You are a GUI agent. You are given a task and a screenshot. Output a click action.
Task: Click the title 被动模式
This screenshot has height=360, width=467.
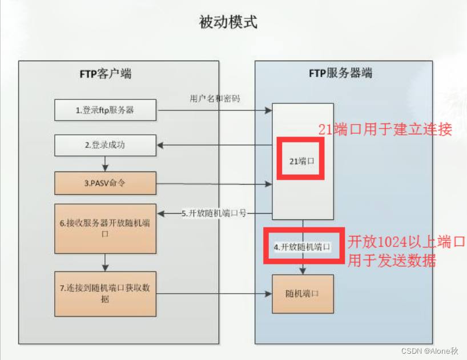pos(228,23)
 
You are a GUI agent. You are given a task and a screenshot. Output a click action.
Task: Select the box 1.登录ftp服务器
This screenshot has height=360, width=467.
pos(106,110)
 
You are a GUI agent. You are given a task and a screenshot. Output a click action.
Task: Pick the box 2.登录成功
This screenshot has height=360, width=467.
pos(106,145)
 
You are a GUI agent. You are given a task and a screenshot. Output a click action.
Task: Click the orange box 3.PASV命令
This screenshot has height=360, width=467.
pos(106,183)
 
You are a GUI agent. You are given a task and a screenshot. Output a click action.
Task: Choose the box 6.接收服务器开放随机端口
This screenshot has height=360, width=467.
pos(106,229)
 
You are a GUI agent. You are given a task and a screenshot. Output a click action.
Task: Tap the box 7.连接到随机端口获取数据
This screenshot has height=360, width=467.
pos(106,293)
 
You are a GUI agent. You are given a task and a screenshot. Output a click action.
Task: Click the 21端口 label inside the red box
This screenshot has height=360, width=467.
pos(301,161)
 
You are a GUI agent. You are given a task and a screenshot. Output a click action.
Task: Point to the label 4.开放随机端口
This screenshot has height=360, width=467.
pos(303,247)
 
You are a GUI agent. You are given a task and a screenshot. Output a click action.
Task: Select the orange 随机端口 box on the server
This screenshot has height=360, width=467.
pos(301,294)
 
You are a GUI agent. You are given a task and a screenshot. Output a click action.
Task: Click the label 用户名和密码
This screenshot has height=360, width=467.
pos(214,98)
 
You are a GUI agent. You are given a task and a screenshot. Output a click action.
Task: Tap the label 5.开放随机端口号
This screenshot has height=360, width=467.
pos(214,214)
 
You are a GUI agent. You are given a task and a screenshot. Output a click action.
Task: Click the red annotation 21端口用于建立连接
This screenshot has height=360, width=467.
pos(385,129)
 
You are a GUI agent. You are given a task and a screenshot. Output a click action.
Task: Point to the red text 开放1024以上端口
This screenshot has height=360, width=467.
pos(406,241)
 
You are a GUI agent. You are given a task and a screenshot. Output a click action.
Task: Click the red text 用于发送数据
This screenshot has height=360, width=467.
pos(392,261)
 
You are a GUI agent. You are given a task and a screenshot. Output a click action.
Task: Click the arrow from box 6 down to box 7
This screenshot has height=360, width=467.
pos(106,262)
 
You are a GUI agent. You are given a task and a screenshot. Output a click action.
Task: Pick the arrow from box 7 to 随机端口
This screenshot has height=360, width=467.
pos(214,294)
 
